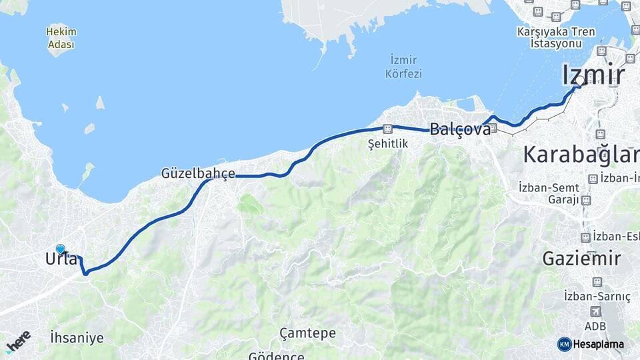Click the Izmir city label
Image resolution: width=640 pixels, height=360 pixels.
(593, 75)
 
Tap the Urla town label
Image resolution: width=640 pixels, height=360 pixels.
(62, 259)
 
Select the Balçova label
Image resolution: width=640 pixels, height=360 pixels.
(460, 129)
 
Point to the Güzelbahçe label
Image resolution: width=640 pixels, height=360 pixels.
(198, 173)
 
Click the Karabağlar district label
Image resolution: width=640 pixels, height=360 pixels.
(581, 155)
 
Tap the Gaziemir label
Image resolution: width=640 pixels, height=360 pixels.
(581, 258)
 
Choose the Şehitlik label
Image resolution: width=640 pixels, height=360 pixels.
(387, 143)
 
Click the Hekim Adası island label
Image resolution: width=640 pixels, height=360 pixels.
(61, 38)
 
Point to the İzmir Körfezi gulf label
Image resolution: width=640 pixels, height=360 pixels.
(404, 67)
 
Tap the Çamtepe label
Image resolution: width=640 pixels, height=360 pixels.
(307, 333)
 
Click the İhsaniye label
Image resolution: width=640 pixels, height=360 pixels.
(77, 338)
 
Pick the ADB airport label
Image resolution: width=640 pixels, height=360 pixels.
(595, 326)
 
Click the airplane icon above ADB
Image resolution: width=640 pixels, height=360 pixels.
(595, 311)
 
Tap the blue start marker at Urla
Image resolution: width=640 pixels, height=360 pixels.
(61, 249)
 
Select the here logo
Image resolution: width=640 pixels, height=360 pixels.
(18, 341)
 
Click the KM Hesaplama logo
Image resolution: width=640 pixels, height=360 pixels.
(591, 344)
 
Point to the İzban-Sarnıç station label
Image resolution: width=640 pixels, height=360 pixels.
(597, 296)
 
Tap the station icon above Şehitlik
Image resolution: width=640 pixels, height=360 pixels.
(387, 129)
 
